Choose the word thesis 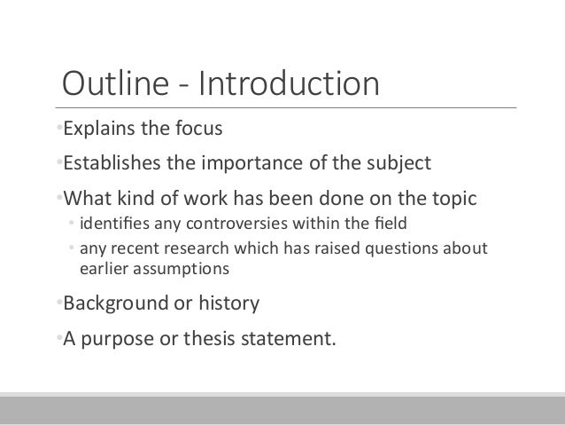(210, 336)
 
